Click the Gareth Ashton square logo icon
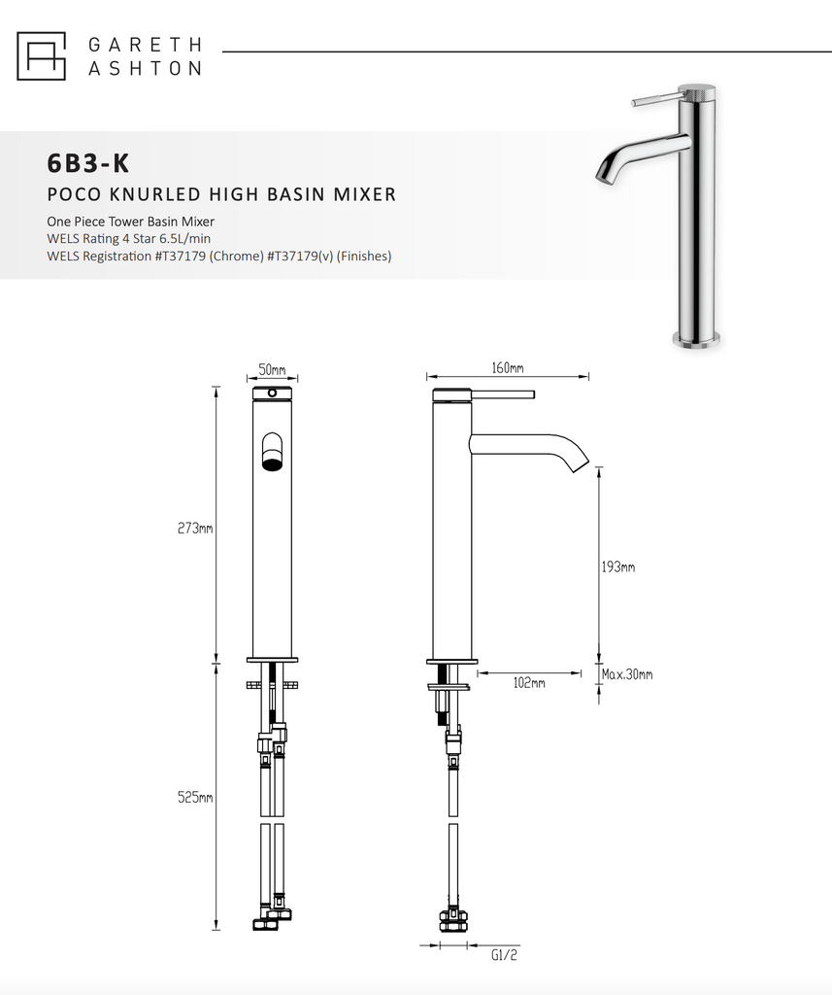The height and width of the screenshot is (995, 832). pos(41,55)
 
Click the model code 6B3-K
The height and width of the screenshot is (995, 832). pos(87,161)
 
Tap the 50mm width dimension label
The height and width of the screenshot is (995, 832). pos(272,370)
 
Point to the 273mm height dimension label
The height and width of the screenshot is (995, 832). pos(196,529)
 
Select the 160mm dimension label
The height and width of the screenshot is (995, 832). pos(507,368)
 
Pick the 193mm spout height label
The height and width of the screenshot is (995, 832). pos(618,566)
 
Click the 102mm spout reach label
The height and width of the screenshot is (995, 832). pos(528,683)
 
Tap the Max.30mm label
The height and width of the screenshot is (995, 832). pos(626,674)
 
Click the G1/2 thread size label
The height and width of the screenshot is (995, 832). pos(505,955)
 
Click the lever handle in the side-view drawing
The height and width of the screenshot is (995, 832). pos(503,394)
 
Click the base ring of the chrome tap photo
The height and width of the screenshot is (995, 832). pos(697,339)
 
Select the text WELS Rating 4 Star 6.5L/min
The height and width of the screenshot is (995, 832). pos(130,239)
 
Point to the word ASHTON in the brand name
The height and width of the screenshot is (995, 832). pos(145,68)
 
